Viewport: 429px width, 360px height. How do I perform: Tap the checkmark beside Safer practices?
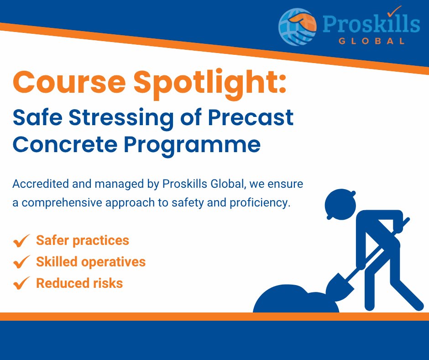click(21, 241)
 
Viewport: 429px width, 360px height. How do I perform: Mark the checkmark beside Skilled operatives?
click(21, 262)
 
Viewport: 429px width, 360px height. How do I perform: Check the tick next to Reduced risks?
click(21, 284)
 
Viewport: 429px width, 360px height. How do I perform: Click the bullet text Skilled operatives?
click(91, 262)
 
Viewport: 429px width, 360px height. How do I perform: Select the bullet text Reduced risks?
click(79, 283)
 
